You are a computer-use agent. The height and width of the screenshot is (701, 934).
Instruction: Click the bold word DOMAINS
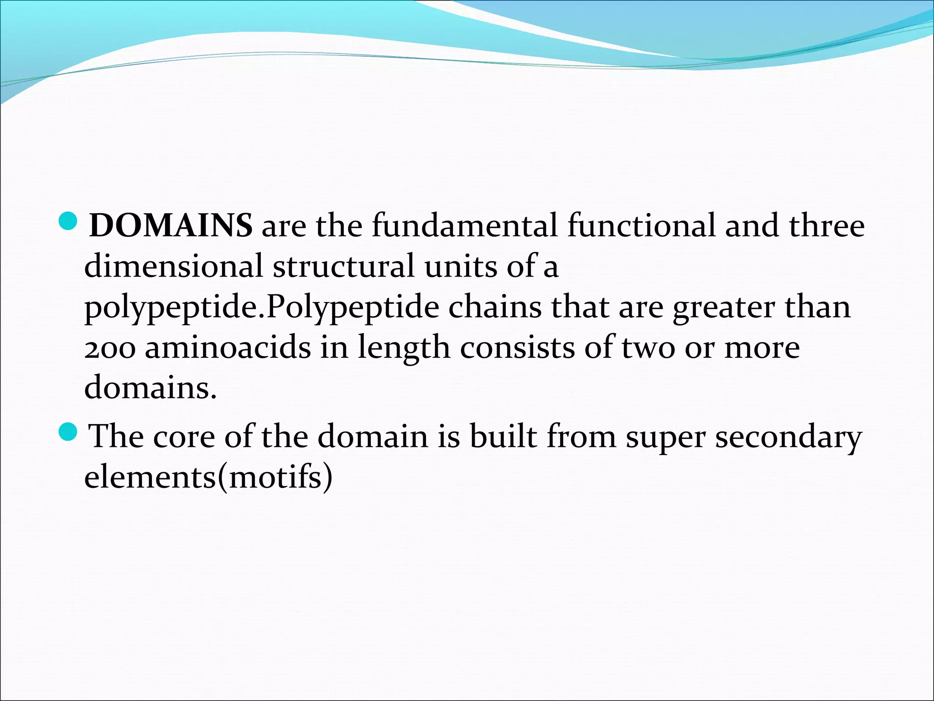coord(171,225)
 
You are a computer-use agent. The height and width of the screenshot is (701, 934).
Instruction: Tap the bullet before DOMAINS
coord(69,221)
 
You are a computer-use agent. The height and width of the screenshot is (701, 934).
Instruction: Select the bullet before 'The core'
coord(69,431)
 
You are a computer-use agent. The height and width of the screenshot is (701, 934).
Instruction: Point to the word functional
coord(642,225)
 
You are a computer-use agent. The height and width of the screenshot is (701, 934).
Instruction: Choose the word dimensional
coord(174,266)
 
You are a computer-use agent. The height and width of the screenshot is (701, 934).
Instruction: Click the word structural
coord(344,266)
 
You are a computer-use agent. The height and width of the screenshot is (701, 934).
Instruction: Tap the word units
coord(461,266)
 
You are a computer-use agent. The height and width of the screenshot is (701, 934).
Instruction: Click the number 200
coord(110,348)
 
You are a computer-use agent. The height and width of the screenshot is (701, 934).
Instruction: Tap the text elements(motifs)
coord(208,477)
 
